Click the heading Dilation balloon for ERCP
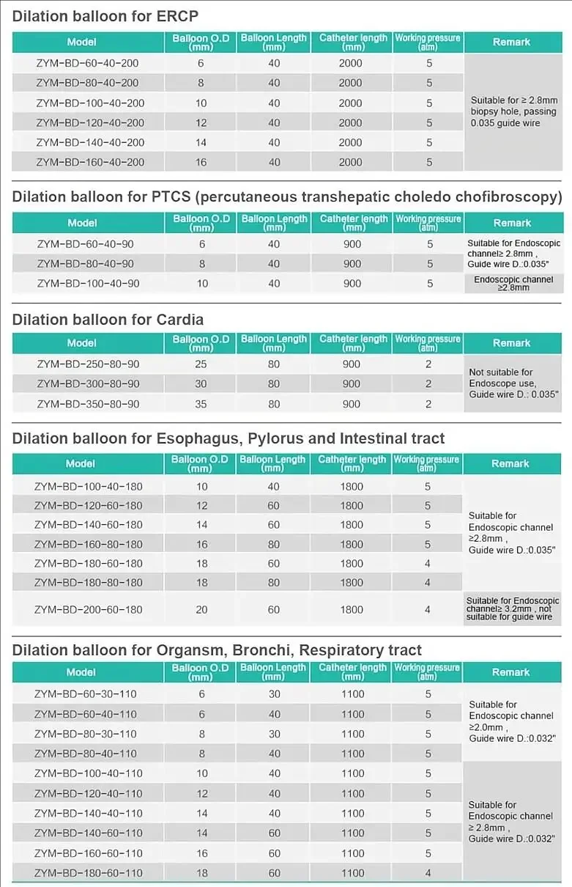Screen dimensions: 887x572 [105, 16]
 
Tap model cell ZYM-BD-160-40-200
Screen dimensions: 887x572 [90, 162]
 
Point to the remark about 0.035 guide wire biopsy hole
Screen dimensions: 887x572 [513, 111]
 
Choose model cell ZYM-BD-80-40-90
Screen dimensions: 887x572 [85, 263]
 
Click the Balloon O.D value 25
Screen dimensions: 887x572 [201, 364]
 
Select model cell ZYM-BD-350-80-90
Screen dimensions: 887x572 [88, 404]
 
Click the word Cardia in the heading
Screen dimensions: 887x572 [180, 320]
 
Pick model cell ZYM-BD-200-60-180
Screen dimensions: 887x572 [88, 610]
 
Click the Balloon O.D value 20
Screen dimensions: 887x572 [201, 610]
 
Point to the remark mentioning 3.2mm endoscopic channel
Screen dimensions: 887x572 [512, 609]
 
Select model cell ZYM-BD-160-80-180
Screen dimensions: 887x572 [88, 545]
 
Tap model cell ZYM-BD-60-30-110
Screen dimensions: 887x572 [86, 694]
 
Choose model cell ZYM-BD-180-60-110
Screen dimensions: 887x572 [88, 873]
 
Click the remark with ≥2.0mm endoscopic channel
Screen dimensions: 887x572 [511, 721]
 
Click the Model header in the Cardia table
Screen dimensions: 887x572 [82, 343]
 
